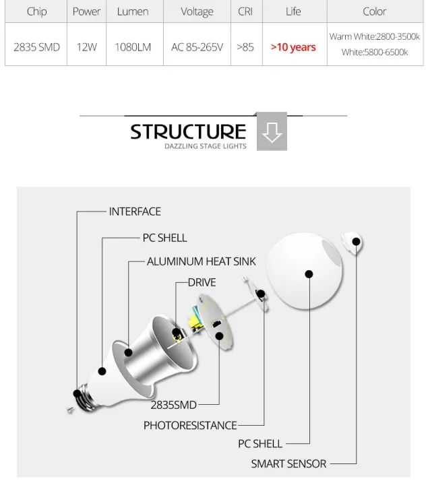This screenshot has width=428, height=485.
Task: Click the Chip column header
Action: (x=36, y=11)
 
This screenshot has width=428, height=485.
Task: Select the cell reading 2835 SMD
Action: (x=36, y=47)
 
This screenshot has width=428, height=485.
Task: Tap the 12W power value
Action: (x=86, y=47)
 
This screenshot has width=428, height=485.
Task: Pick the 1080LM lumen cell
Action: (x=133, y=47)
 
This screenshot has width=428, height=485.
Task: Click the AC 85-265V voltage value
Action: (x=197, y=47)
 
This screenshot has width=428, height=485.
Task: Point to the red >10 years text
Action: (x=293, y=47)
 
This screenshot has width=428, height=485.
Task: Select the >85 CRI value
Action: (x=245, y=47)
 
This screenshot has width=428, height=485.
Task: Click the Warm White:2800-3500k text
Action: (x=374, y=36)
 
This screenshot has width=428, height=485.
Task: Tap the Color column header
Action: (x=374, y=11)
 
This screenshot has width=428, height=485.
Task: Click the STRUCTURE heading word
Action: (x=188, y=131)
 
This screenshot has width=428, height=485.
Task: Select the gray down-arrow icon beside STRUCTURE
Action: (x=272, y=131)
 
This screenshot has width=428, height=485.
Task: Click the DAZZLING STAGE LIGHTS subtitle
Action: (x=206, y=146)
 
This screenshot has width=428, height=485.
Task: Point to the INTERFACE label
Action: (x=135, y=212)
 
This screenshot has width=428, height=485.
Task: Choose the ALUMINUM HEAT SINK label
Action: (x=202, y=261)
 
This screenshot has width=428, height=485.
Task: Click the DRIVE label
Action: (x=202, y=282)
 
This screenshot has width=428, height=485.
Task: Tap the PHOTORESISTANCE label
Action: (x=190, y=425)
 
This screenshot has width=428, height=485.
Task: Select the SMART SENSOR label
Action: (x=288, y=463)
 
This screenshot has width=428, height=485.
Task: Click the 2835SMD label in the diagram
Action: (x=173, y=405)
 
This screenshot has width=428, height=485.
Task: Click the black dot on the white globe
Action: (x=309, y=274)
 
